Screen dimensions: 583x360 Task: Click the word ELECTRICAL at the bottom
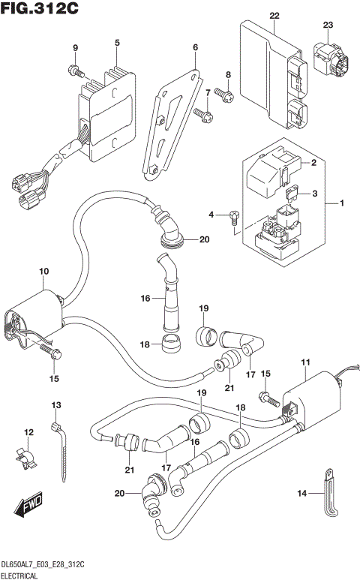pyautogui.click(x=22, y=575)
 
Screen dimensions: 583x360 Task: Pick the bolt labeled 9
pyautogui.click(x=76, y=71)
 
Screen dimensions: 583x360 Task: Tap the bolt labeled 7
pyautogui.click(x=201, y=113)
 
